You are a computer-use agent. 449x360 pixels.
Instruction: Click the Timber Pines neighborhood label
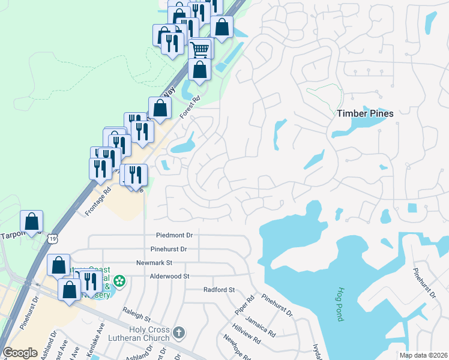pyautogui.click(x=365, y=113)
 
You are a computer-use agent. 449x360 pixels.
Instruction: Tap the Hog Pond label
pyautogui.click(x=340, y=304)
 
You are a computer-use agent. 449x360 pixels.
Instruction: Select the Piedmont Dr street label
pyautogui.click(x=174, y=236)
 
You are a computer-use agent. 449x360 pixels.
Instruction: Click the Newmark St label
pyautogui.click(x=154, y=263)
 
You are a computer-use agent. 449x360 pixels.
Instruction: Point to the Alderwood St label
pyautogui.click(x=170, y=276)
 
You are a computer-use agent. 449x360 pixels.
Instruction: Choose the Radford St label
pyautogui.click(x=218, y=290)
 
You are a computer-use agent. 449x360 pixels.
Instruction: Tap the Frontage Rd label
pyautogui.click(x=98, y=199)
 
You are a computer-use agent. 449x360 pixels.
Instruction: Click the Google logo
pyautogui.click(x=20, y=353)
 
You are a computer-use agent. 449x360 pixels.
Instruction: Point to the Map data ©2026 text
pyautogui.click(x=423, y=355)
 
